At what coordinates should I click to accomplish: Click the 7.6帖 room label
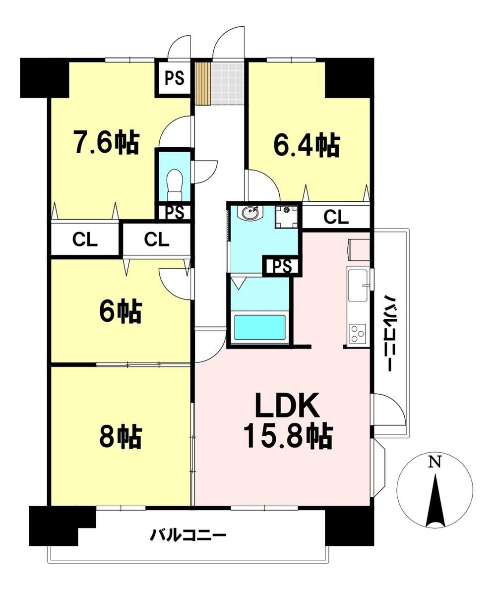(x=106, y=142)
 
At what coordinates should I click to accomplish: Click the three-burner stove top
(x=358, y=333)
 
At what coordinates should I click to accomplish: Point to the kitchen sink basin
(x=359, y=285)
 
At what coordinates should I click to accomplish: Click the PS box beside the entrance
(x=175, y=78)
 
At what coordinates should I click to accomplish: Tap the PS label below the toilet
(x=175, y=213)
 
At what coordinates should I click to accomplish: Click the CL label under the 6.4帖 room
(x=336, y=217)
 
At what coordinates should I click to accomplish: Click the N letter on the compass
(x=435, y=462)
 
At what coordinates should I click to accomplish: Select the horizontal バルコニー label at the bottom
(x=188, y=534)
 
